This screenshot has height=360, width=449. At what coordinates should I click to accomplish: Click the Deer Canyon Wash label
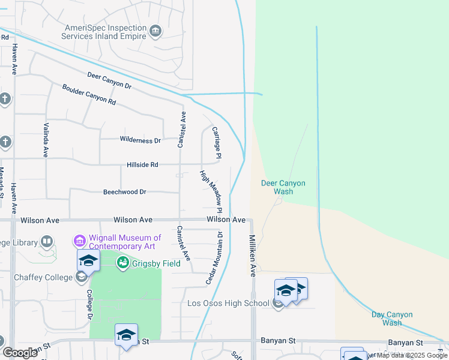coord(283,187)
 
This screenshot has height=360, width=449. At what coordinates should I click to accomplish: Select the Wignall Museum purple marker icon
coord(79,241)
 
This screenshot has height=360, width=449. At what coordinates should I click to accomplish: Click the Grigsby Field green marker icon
coord(123,262)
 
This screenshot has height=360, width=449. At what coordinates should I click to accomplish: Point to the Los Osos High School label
coord(228,303)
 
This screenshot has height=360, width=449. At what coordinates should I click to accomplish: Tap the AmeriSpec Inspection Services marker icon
coord(156,31)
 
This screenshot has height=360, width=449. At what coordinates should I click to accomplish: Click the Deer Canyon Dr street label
coord(109,81)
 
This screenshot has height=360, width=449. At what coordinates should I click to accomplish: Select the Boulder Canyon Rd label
coord(89,95)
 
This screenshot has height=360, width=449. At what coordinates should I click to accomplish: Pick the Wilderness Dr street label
coord(140,140)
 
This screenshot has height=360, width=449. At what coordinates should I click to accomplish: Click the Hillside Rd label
coord(142,164)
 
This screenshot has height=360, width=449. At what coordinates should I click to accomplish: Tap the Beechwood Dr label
coord(125,192)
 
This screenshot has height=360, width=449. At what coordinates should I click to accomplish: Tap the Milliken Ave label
coord(253,255)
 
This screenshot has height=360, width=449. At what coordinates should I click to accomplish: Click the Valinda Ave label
coord(46,140)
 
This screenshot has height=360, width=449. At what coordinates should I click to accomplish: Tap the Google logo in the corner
coord(20,352)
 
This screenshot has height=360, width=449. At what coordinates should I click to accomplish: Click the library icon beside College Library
coord(47,242)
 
